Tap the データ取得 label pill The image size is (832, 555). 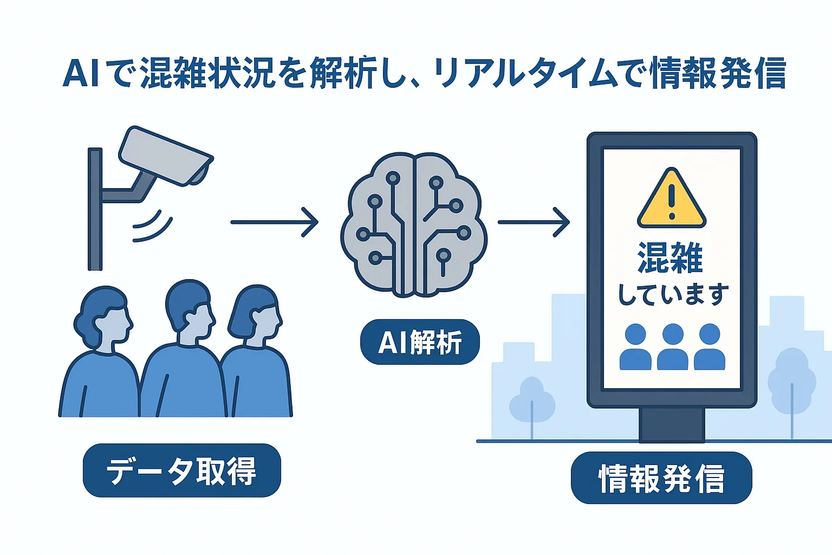click(x=181, y=470)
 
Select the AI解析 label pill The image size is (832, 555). click(x=420, y=342)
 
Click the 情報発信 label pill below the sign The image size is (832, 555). click(x=661, y=478)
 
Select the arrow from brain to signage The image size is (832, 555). click(x=534, y=222)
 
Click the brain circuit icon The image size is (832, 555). click(x=413, y=224)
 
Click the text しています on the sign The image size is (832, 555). click(x=672, y=294)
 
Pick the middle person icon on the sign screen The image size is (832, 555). click(x=672, y=347)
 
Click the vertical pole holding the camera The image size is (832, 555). click(x=95, y=209)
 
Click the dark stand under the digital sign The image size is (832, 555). click(x=672, y=424)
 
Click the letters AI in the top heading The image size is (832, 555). click(x=81, y=73)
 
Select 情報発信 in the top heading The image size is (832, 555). click(x=717, y=73)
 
